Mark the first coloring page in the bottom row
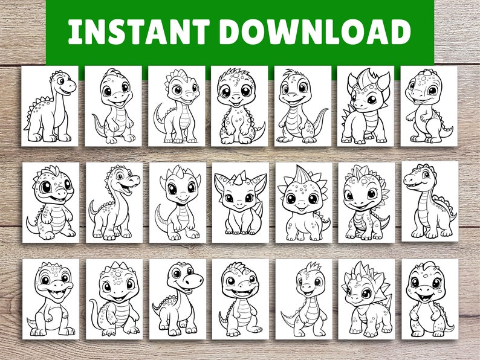click(51, 299)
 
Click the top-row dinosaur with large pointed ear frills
click(366, 106)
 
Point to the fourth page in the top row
click(239, 106)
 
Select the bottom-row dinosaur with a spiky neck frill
click(366, 299)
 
